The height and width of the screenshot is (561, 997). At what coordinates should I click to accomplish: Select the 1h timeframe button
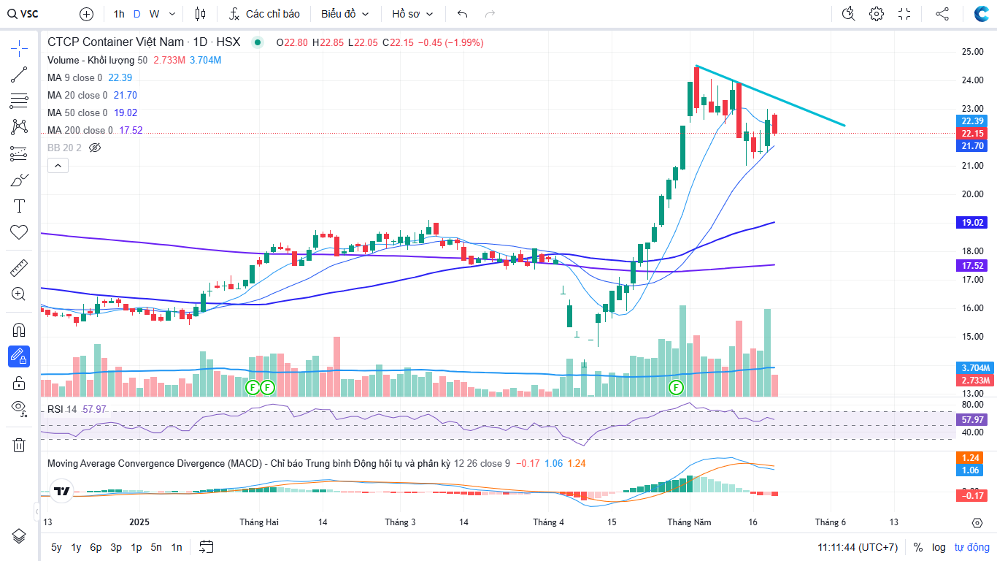(x=118, y=14)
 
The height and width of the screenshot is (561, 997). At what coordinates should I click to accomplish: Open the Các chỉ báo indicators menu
(x=264, y=14)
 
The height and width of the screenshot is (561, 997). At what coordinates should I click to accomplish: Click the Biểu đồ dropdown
(x=344, y=14)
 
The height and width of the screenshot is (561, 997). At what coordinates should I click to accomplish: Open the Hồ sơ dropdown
(x=412, y=14)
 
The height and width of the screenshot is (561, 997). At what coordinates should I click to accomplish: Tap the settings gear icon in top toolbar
(x=876, y=14)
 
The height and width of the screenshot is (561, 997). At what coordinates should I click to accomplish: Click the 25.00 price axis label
(x=972, y=52)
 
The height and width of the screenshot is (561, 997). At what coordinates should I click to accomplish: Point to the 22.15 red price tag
(x=973, y=133)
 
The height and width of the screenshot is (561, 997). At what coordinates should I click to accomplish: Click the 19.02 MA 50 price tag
(x=973, y=222)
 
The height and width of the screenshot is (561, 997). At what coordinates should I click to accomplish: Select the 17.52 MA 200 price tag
(x=973, y=266)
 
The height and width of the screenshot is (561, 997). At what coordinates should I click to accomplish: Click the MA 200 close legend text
(x=80, y=130)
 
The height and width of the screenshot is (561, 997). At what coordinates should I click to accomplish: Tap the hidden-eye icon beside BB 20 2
(x=94, y=148)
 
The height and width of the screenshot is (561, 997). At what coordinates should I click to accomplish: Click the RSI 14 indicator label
(x=62, y=409)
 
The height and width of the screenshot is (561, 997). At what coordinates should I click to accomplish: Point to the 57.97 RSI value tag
(x=973, y=420)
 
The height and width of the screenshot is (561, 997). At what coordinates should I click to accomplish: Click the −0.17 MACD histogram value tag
(x=973, y=496)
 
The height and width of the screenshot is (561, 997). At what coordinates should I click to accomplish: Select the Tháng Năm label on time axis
(x=689, y=522)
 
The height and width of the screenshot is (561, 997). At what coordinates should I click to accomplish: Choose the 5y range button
(x=56, y=547)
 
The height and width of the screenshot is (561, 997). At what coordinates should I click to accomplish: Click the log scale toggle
(x=939, y=547)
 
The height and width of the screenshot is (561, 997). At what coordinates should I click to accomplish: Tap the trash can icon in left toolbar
(x=19, y=445)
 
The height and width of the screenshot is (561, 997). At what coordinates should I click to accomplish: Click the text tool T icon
(x=19, y=206)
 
